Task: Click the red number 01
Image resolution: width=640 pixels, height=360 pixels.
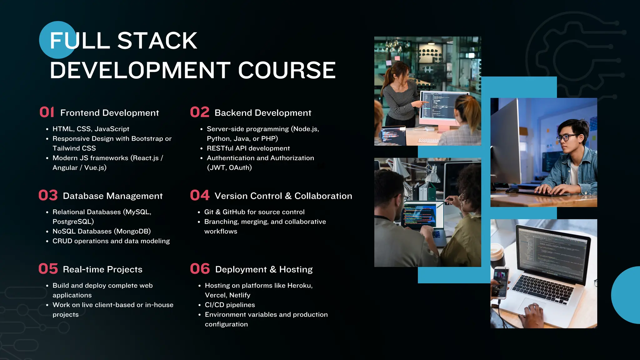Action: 47,112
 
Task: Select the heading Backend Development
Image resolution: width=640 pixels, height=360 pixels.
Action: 263,113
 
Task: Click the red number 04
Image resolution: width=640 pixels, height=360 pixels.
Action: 200,195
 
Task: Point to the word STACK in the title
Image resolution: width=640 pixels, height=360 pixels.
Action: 157,41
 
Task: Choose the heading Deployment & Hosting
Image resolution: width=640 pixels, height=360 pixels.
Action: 264,269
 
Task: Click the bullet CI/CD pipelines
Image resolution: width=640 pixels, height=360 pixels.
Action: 230,305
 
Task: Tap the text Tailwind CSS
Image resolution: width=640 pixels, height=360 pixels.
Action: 74,148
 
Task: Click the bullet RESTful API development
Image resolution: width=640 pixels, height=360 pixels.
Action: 248,148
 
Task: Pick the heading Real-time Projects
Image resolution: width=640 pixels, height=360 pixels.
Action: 102,269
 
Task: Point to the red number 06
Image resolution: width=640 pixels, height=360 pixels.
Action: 200,269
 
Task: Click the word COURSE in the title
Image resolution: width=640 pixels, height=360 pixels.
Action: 287,70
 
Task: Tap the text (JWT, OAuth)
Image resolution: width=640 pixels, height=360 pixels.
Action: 229,167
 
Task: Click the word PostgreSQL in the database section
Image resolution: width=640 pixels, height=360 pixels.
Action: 73,222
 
